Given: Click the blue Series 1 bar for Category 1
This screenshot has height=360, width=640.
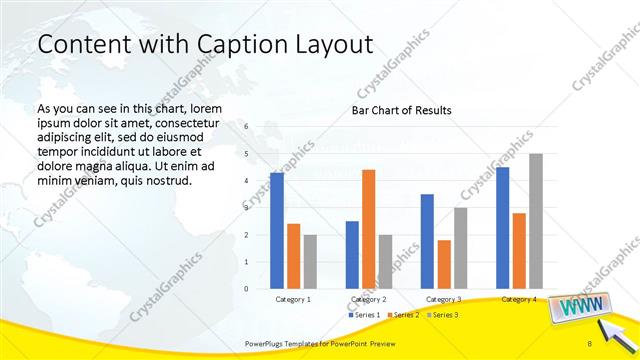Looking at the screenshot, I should click(x=277, y=231).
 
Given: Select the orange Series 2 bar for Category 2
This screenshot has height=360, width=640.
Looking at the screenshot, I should click(x=368, y=229).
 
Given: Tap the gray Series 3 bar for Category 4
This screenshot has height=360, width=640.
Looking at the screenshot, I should click(x=536, y=221).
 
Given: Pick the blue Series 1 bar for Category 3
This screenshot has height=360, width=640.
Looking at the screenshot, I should click(x=427, y=241).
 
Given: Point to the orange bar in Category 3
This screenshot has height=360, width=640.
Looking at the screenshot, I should click(x=444, y=264).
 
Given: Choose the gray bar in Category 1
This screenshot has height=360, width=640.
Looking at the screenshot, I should click(x=310, y=262).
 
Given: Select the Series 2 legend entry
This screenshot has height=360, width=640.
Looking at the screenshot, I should click(x=404, y=315).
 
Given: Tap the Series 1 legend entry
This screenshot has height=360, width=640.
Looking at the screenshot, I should click(x=364, y=315).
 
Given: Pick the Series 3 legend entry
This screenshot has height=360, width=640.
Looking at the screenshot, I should click(x=444, y=315).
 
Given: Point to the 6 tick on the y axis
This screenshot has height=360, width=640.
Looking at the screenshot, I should click(x=246, y=127).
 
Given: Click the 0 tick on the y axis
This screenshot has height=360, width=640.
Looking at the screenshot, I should click(x=246, y=289).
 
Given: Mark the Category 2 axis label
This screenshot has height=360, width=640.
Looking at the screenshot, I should click(x=369, y=299).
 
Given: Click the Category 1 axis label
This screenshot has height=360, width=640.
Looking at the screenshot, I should click(x=293, y=299).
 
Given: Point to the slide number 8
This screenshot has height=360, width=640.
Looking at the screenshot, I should click(x=590, y=343).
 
